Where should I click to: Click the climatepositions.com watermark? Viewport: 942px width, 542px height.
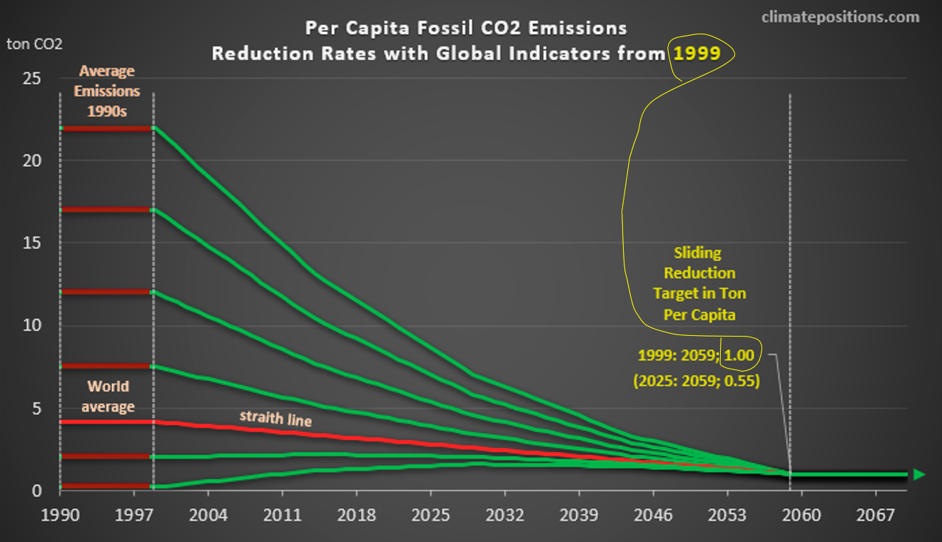840,17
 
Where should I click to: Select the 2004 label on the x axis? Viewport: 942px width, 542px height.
208,515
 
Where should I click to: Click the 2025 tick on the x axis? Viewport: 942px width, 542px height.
430,515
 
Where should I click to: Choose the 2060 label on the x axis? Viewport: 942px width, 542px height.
801,515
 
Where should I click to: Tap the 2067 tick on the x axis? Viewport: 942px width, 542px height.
875,515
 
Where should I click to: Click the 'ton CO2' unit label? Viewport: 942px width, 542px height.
34,44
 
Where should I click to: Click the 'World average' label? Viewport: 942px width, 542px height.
108,397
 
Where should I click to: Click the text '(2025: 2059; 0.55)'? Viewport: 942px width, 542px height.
696,381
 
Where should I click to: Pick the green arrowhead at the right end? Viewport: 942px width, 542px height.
919,474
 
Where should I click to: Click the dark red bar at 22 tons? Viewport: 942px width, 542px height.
107,128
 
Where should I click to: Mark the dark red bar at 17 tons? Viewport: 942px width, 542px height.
107,210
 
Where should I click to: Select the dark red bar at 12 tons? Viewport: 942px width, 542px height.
107,292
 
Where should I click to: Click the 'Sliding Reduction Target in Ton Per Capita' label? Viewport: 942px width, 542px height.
699,283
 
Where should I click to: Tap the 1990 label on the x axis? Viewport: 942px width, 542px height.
60,515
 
